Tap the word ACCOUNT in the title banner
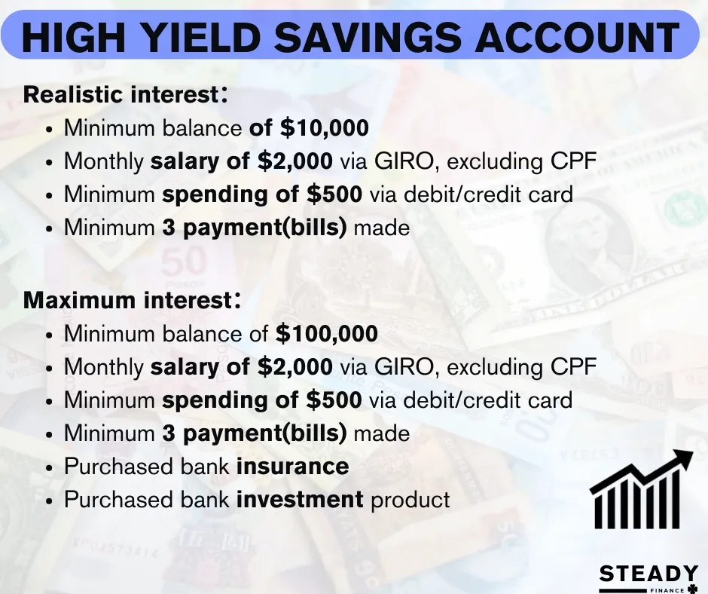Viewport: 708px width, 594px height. tap(577, 35)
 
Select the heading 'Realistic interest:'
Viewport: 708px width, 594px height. tap(126, 94)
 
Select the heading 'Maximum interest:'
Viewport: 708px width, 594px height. tap(132, 300)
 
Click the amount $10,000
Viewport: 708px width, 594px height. tap(324, 127)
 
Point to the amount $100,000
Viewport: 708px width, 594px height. tap(326, 334)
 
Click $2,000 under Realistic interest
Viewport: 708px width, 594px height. tap(294, 161)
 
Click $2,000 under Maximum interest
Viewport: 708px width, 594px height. tap(294, 366)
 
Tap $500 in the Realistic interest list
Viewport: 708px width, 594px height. tap(334, 194)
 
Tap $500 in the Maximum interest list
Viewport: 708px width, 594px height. tap(334, 400)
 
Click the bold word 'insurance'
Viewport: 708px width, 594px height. tap(292, 466)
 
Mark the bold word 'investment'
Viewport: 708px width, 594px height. tap(300, 500)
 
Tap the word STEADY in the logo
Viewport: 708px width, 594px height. tap(648, 574)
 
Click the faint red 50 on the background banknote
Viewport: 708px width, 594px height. tap(184, 262)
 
